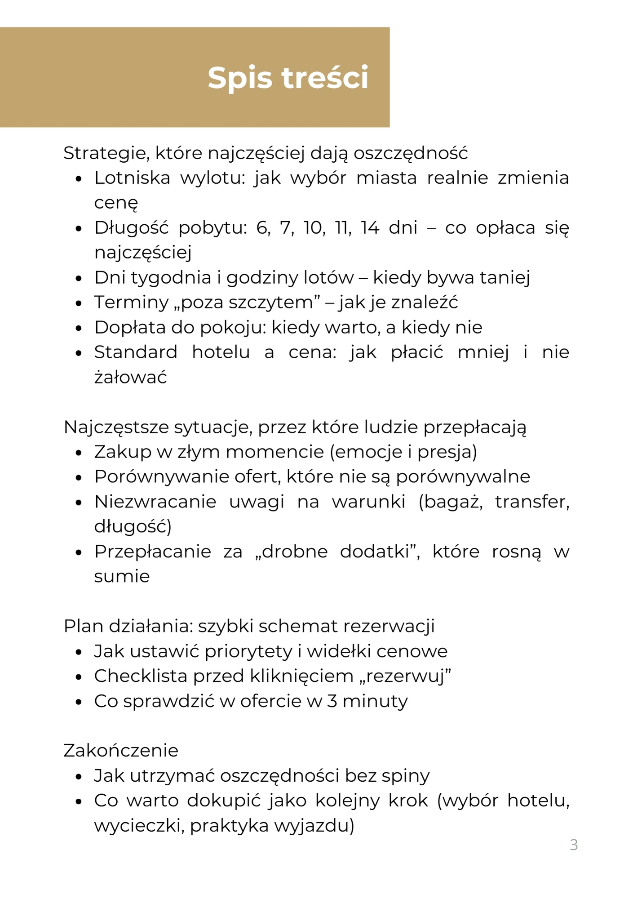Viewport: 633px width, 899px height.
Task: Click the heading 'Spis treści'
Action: click(288, 78)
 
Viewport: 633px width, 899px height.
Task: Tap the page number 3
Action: click(574, 845)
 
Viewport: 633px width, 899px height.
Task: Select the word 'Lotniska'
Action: click(132, 178)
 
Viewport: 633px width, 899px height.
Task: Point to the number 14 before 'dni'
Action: click(370, 228)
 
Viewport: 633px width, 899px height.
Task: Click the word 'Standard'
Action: click(136, 352)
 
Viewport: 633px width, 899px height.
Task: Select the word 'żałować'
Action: click(130, 377)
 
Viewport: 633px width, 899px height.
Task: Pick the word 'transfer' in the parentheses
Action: click(532, 502)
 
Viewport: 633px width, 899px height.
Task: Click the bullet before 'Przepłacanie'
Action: click(79, 552)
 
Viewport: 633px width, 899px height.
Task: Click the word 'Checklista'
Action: click(140, 676)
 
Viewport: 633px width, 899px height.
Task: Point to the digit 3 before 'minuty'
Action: click(332, 701)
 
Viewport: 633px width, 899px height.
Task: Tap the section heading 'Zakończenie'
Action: click(121, 751)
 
